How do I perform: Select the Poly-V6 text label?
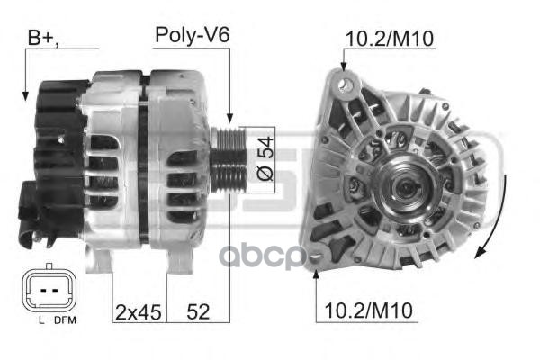[x=193, y=35]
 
